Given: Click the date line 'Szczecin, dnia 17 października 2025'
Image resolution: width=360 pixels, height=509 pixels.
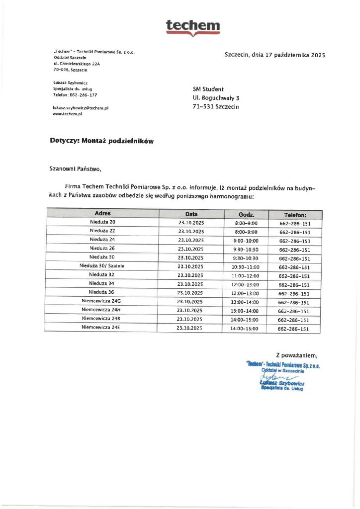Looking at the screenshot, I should (274, 55).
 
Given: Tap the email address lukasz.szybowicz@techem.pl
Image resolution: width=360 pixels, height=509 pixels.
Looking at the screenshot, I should (81, 107).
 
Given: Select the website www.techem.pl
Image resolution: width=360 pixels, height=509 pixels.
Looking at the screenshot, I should (67, 114).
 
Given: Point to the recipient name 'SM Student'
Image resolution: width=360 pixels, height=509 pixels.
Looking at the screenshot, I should (208, 89).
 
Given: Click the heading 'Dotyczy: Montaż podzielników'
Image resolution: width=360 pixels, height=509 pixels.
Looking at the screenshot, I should (102, 141).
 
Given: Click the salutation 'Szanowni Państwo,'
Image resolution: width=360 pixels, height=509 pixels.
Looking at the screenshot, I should (76, 169).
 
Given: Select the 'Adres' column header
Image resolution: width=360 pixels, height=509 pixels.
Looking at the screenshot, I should (102, 214).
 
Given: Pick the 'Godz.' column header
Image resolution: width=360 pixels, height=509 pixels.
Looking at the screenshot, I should (247, 214).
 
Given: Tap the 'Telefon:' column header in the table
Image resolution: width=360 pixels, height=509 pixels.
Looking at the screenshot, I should (295, 215).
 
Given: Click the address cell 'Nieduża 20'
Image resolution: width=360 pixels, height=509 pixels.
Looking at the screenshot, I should (102, 222).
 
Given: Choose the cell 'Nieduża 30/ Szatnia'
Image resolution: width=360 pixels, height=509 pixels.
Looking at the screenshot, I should (102, 266).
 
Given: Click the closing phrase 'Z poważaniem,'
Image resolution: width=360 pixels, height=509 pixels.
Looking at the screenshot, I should (296, 355).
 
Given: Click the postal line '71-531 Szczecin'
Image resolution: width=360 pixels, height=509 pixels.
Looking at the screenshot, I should (216, 107).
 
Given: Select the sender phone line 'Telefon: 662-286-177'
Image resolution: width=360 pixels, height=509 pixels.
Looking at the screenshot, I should (75, 94).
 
